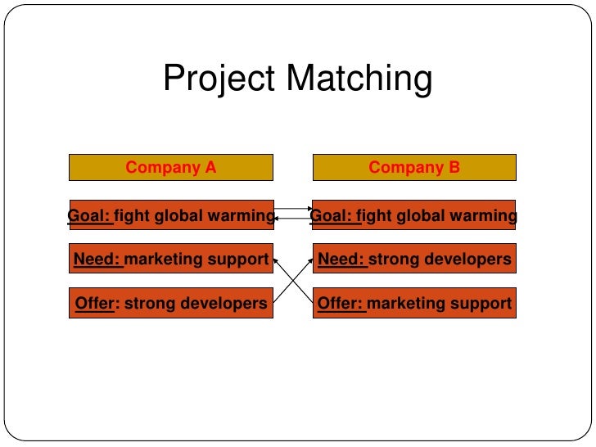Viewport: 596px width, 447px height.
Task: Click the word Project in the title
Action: pos(219,79)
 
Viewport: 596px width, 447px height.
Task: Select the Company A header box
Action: pos(170,168)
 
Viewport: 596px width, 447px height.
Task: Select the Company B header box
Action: pos(414,168)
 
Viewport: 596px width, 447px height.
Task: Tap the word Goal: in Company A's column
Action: pos(88,216)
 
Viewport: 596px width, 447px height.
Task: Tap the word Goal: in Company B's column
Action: pos(332,216)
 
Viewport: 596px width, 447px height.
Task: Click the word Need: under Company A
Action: pos(97,260)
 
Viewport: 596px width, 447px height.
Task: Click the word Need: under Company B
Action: pos(341,260)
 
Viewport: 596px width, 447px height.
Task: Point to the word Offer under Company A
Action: pos(94,304)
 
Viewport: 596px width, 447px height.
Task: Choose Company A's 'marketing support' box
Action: pos(170,260)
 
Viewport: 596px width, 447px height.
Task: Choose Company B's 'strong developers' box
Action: pos(414,260)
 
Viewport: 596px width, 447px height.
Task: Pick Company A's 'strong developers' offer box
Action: pos(170,304)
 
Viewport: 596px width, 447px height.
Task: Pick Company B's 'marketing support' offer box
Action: pos(414,304)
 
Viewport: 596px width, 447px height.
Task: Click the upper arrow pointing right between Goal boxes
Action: pos(293,210)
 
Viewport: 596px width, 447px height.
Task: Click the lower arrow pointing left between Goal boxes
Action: pos(293,219)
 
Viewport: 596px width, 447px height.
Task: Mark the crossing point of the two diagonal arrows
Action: pos(293,282)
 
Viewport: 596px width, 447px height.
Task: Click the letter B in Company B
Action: pos(454,168)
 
